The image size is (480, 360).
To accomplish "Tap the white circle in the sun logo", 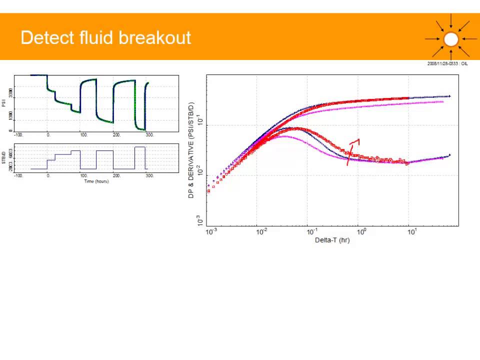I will (451, 39).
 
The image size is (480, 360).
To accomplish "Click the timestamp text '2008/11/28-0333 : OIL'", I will (447, 64).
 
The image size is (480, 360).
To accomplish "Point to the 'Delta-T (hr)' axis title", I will (332, 240).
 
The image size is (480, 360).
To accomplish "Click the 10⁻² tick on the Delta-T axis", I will (260, 232).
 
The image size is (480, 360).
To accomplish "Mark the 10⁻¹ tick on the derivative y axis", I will (200, 122).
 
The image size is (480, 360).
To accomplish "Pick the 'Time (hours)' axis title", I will (96, 181).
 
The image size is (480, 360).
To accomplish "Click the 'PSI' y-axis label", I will (4, 103).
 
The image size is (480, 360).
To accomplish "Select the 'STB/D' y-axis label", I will (4, 158).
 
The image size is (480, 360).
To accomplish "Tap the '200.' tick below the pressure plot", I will (116, 135).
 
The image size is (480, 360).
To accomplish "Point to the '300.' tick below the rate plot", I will (149, 176).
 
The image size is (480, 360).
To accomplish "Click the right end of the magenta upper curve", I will (442, 101).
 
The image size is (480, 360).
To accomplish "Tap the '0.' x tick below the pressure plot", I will (48, 135).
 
